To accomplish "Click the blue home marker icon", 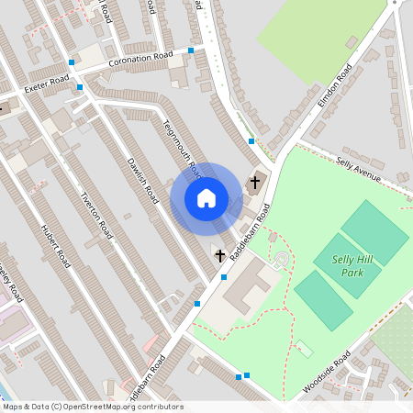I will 206,198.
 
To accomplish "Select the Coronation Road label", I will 140,60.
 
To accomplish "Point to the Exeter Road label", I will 47,85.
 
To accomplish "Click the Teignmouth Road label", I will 182,148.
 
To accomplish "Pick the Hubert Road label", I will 56,243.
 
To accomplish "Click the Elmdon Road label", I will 335,88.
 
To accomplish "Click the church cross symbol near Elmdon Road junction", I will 256,182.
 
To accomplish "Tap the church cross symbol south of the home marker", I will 220,254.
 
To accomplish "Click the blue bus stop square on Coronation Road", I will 191,50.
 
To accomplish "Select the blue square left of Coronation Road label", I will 72,62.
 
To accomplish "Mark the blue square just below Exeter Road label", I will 80,87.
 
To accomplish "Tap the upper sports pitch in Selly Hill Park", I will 374,231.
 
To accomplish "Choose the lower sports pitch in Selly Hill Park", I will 323,300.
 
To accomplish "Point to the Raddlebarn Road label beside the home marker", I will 249,229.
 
